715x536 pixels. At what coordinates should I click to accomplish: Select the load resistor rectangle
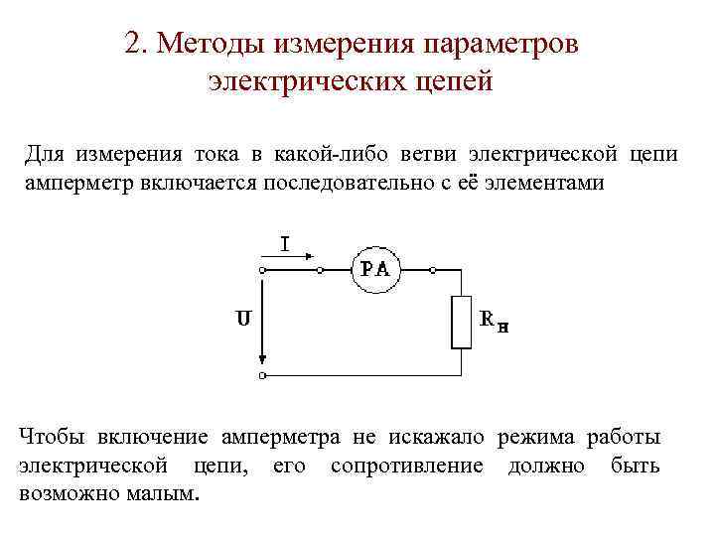(x=462, y=322)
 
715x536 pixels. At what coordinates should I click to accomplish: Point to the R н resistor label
(x=494, y=321)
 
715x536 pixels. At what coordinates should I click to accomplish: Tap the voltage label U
(x=241, y=319)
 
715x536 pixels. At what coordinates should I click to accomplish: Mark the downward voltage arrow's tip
(x=262, y=362)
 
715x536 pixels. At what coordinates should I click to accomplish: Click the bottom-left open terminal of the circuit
(x=262, y=376)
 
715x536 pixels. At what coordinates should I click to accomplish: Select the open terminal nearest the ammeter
(x=318, y=269)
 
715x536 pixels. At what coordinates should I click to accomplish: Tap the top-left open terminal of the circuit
(x=262, y=269)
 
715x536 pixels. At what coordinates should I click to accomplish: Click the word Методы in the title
(x=212, y=45)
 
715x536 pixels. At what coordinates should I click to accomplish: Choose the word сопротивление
(x=407, y=466)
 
